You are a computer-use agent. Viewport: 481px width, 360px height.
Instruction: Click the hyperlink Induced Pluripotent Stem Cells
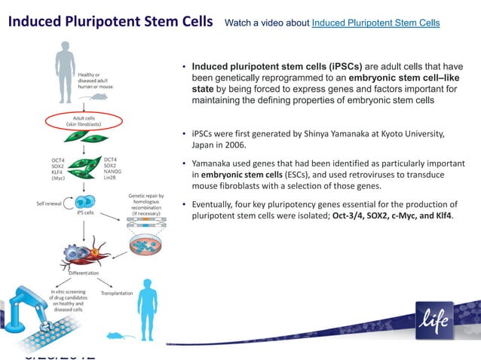pos(375,23)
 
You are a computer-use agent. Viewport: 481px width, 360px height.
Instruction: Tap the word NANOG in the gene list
pos(114,172)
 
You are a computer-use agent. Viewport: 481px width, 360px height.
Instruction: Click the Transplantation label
pos(117,292)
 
